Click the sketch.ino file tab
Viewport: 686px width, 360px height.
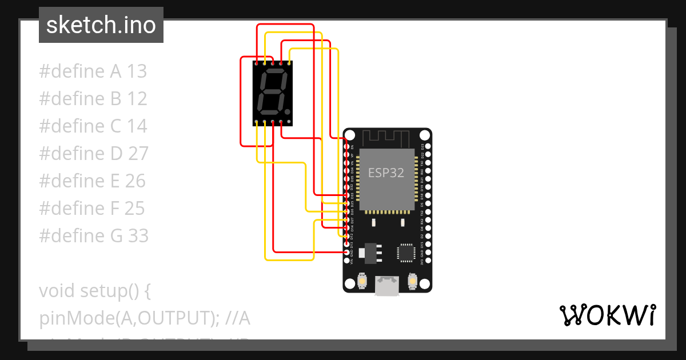pos(101,25)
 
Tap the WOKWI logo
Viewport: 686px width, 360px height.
pos(607,315)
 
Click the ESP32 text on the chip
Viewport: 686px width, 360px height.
pos(386,173)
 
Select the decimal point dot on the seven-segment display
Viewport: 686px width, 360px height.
pos(288,111)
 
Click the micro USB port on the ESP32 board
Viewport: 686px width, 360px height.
pos(387,286)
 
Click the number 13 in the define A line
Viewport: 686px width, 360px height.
pos(137,71)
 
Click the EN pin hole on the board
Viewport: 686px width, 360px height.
pos(346,147)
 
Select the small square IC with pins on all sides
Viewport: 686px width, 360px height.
pos(406,252)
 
